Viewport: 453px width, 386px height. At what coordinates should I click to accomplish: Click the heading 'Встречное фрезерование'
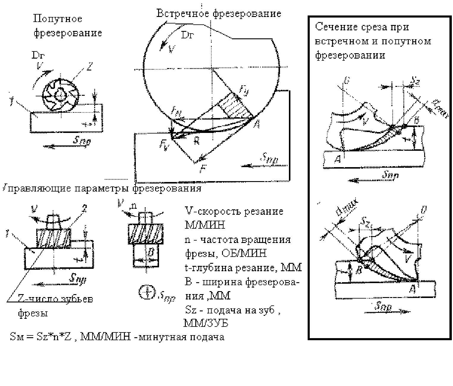point(219,14)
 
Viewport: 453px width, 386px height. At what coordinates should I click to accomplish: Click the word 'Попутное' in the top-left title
point(57,19)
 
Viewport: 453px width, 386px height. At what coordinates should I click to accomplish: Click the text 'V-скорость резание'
point(234,212)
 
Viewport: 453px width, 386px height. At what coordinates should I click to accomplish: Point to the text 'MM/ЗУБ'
point(206,323)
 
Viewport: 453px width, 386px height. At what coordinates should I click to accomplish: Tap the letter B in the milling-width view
point(151,252)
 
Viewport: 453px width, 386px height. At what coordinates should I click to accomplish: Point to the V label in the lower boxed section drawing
point(408,258)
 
